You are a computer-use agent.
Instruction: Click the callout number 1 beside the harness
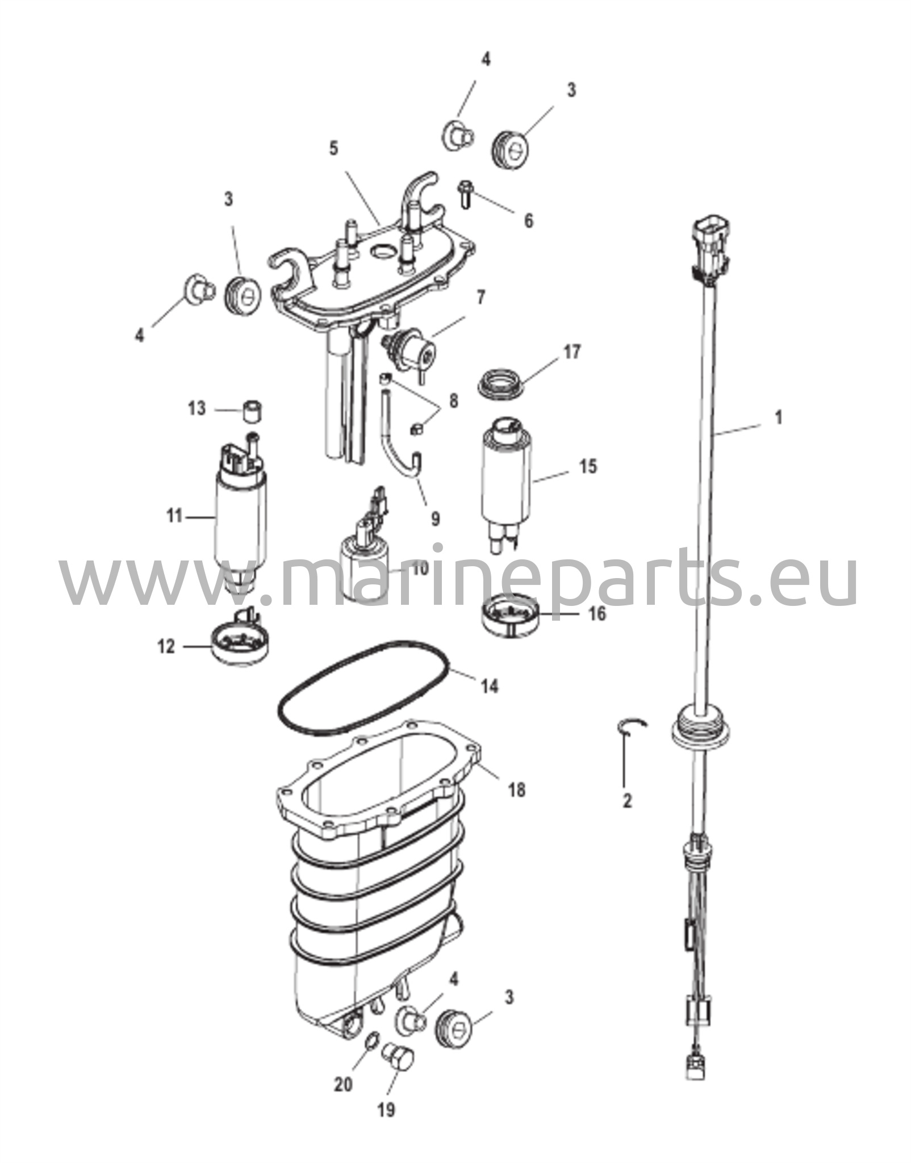point(779,417)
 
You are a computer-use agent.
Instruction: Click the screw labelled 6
point(465,194)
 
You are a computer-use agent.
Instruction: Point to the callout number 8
point(453,401)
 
